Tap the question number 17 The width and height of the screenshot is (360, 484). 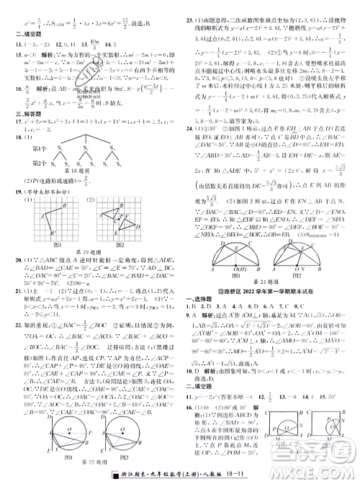point(12,123)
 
